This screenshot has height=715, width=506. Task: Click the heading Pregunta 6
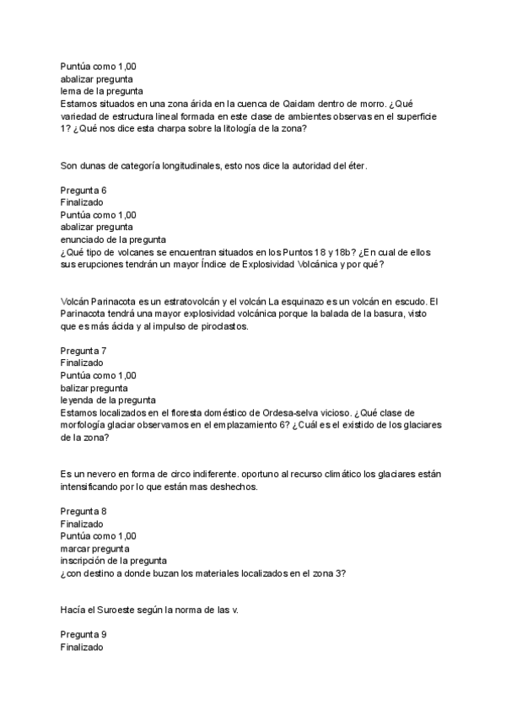click(83, 190)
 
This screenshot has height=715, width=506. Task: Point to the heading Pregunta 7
click(83, 350)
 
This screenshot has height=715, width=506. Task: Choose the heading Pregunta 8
click(83, 511)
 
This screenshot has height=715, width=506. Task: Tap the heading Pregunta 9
click(83, 633)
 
